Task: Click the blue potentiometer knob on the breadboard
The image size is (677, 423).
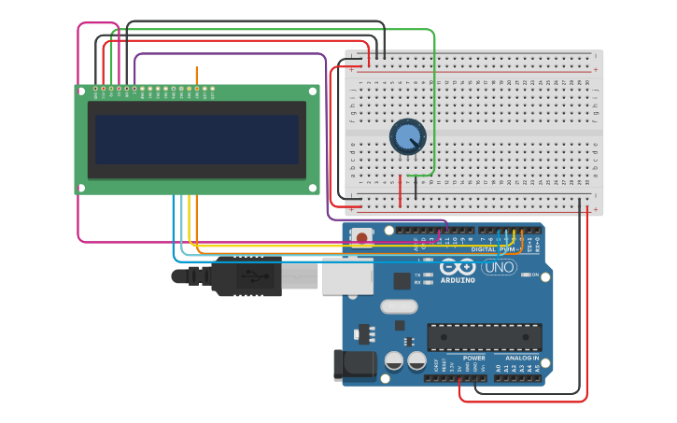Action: tap(407, 137)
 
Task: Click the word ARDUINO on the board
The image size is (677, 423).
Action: tap(458, 279)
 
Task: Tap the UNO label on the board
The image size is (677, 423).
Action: tap(499, 267)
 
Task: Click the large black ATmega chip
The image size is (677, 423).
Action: tap(484, 337)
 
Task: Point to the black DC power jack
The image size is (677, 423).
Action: tap(354, 366)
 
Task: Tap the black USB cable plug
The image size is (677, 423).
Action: tap(246, 276)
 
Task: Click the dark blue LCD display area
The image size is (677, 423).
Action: tap(196, 139)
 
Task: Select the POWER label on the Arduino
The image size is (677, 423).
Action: tap(473, 358)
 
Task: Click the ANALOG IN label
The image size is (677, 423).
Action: tap(522, 358)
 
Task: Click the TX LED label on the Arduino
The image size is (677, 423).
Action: tap(416, 275)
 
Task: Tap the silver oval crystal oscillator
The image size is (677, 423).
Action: tap(399, 305)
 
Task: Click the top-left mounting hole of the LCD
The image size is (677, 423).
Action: tap(80, 91)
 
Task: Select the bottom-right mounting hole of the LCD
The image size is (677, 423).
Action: tap(314, 188)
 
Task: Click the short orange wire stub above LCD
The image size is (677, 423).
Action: tap(196, 76)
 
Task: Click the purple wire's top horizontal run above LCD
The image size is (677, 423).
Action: tap(229, 54)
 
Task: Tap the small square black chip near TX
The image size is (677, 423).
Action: tap(402, 279)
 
